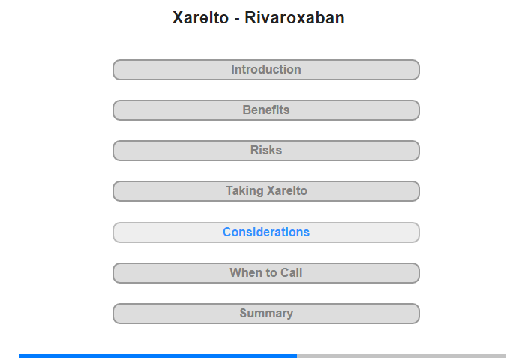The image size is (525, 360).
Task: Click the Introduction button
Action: (x=265, y=70)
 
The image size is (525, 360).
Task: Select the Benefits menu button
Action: (x=265, y=110)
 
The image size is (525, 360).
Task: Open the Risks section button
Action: (x=265, y=151)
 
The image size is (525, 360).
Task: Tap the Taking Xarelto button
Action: (x=265, y=191)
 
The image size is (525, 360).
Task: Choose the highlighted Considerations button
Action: (x=265, y=232)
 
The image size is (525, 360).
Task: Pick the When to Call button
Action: (x=265, y=273)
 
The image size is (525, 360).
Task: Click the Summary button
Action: (x=265, y=313)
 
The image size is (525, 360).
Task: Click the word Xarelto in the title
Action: (x=200, y=18)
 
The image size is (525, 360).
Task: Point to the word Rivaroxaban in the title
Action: (x=295, y=18)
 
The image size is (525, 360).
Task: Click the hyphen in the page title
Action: (x=237, y=19)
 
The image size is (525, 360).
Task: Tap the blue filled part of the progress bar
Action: (x=157, y=355)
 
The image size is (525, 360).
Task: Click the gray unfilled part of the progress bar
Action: (x=401, y=355)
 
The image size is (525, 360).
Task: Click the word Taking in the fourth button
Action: (x=244, y=191)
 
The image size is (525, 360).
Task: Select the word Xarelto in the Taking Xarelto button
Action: (x=287, y=191)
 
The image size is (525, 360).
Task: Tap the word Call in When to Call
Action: (x=291, y=272)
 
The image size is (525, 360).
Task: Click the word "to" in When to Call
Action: (x=269, y=273)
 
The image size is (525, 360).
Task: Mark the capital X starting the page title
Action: (x=178, y=18)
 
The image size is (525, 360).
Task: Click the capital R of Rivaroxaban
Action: (x=250, y=18)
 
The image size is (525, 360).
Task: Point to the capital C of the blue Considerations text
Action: (x=227, y=232)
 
